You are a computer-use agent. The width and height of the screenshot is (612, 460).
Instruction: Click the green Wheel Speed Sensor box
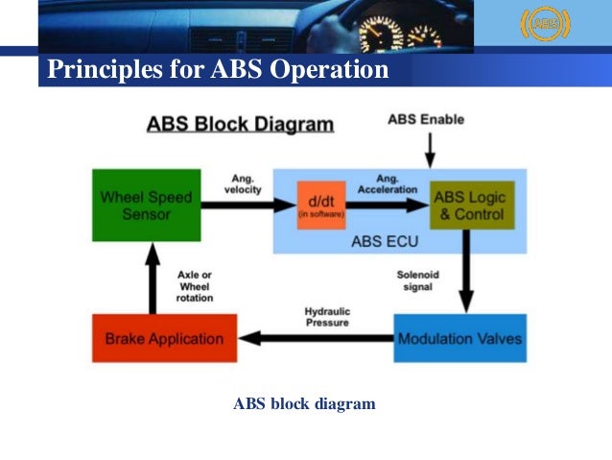click(146, 205)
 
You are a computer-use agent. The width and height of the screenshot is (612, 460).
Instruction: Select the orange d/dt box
click(320, 205)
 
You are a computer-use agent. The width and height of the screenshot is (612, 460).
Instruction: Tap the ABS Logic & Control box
click(472, 205)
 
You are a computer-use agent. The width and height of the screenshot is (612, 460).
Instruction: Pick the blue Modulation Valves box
click(459, 338)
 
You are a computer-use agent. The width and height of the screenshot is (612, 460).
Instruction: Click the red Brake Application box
click(164, 338)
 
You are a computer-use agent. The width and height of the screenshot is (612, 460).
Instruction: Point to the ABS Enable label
click(426, 120)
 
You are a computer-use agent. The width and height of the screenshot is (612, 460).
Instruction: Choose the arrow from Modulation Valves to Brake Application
click(316, 338)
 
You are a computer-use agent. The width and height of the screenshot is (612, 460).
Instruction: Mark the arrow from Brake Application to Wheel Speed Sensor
click(151, 278)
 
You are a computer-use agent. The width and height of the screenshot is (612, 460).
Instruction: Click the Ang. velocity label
click(242, 183)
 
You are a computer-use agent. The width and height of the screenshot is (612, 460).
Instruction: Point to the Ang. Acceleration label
click(388, 183)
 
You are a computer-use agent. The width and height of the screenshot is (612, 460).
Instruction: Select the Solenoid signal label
click(418, 280)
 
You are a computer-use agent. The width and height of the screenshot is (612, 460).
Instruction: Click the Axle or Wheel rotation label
click(195, 286)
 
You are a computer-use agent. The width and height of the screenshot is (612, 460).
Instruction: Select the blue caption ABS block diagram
click(304, 404)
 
